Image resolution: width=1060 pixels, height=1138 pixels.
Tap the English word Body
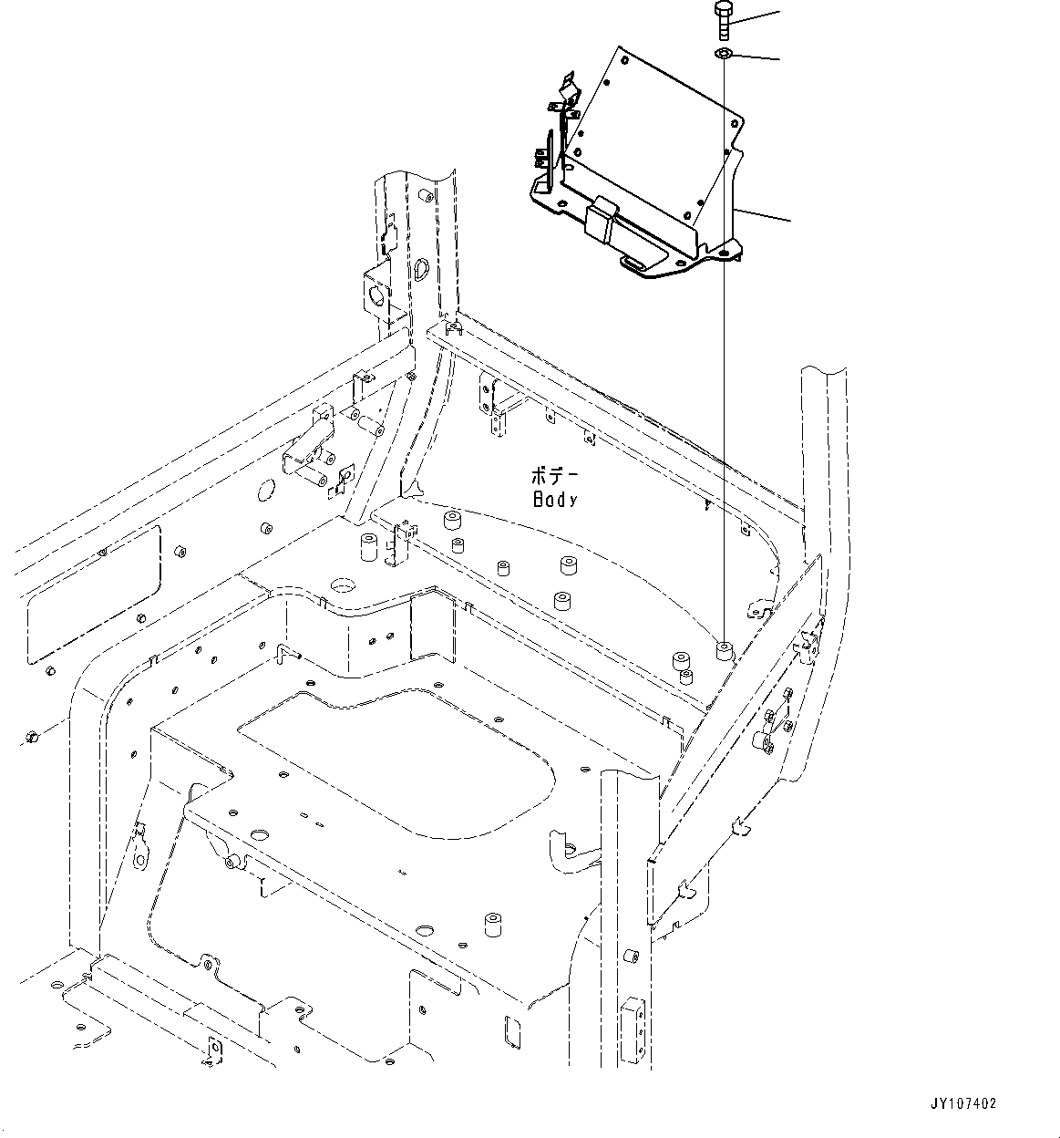(555, 499)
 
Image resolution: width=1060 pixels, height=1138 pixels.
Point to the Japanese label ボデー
(555, 475)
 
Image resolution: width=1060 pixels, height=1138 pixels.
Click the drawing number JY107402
(964, 1102)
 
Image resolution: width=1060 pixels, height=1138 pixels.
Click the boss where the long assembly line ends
(724, 650)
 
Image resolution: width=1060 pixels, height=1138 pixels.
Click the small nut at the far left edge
(31, 735)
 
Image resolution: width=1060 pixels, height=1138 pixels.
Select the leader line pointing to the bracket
(761, 215)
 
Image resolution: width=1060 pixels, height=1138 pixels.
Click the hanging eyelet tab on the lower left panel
(139, 853)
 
